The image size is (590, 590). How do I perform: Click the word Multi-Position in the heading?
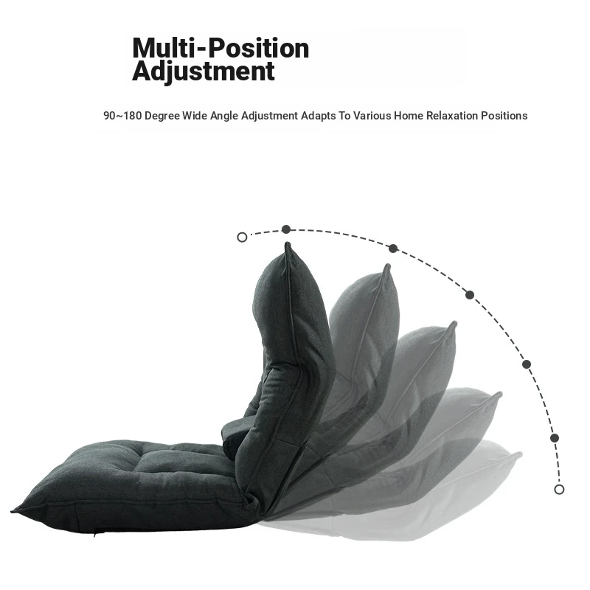pos(221,48)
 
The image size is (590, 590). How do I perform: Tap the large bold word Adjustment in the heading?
pos(203,72)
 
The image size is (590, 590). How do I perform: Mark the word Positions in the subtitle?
pos(504,116)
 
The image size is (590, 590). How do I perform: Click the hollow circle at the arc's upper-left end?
pos(242,237)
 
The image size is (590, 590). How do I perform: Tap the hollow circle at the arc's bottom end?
pos(559,489)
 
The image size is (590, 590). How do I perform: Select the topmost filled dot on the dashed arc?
pos(286,229)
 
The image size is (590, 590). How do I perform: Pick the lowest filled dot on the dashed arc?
pos(555,438)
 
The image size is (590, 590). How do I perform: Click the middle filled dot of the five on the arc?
pos(470,295)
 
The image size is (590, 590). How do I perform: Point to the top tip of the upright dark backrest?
pos(288,245)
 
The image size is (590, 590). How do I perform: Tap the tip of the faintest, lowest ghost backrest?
pos(519,454)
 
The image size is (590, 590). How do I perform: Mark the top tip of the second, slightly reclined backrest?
pos(387,266)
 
